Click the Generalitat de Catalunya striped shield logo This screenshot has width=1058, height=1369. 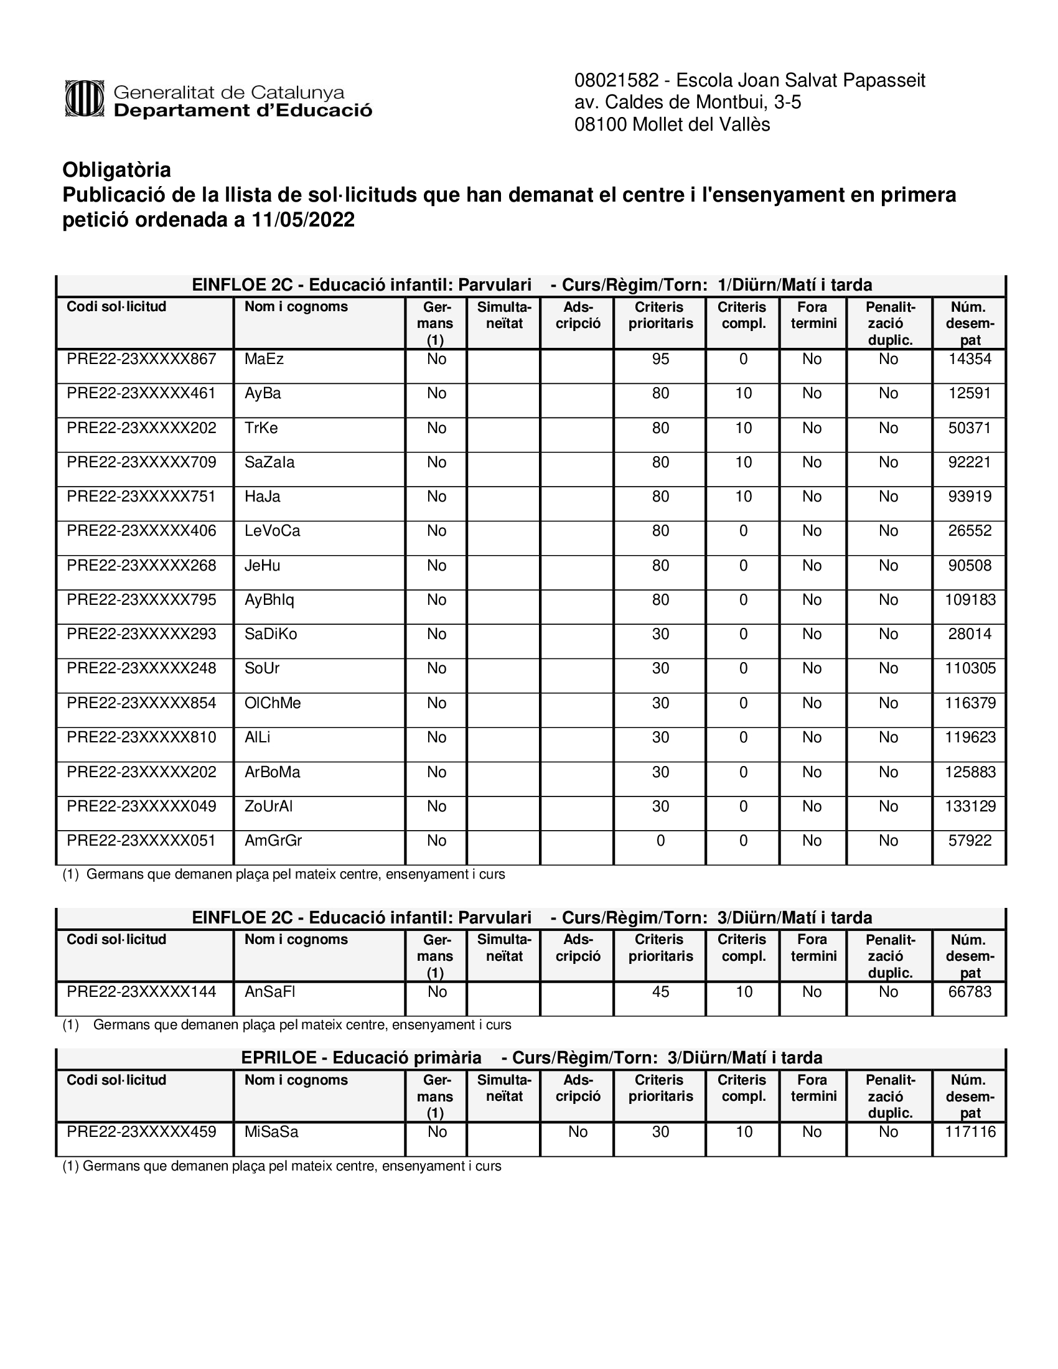pos(84,98)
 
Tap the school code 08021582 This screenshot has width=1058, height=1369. pos(616,81)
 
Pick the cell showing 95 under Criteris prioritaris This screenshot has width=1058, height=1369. pos(660,359)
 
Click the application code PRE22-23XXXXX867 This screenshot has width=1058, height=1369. pos(141,359)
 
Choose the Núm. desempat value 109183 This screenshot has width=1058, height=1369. pos(970,600)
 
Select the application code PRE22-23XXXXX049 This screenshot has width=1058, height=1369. pos(141,806)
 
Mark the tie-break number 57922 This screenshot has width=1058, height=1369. pos(970,841)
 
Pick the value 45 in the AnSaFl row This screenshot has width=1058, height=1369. pos(660,992)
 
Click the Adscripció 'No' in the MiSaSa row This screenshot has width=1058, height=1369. pos(578,1132)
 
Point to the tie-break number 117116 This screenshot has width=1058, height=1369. pos(970,1132)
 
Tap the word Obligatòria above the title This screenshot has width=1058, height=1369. pos(116,170)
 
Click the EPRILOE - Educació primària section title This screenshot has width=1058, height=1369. pos(361,1058)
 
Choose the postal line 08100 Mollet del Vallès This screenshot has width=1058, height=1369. pos(672,124)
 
